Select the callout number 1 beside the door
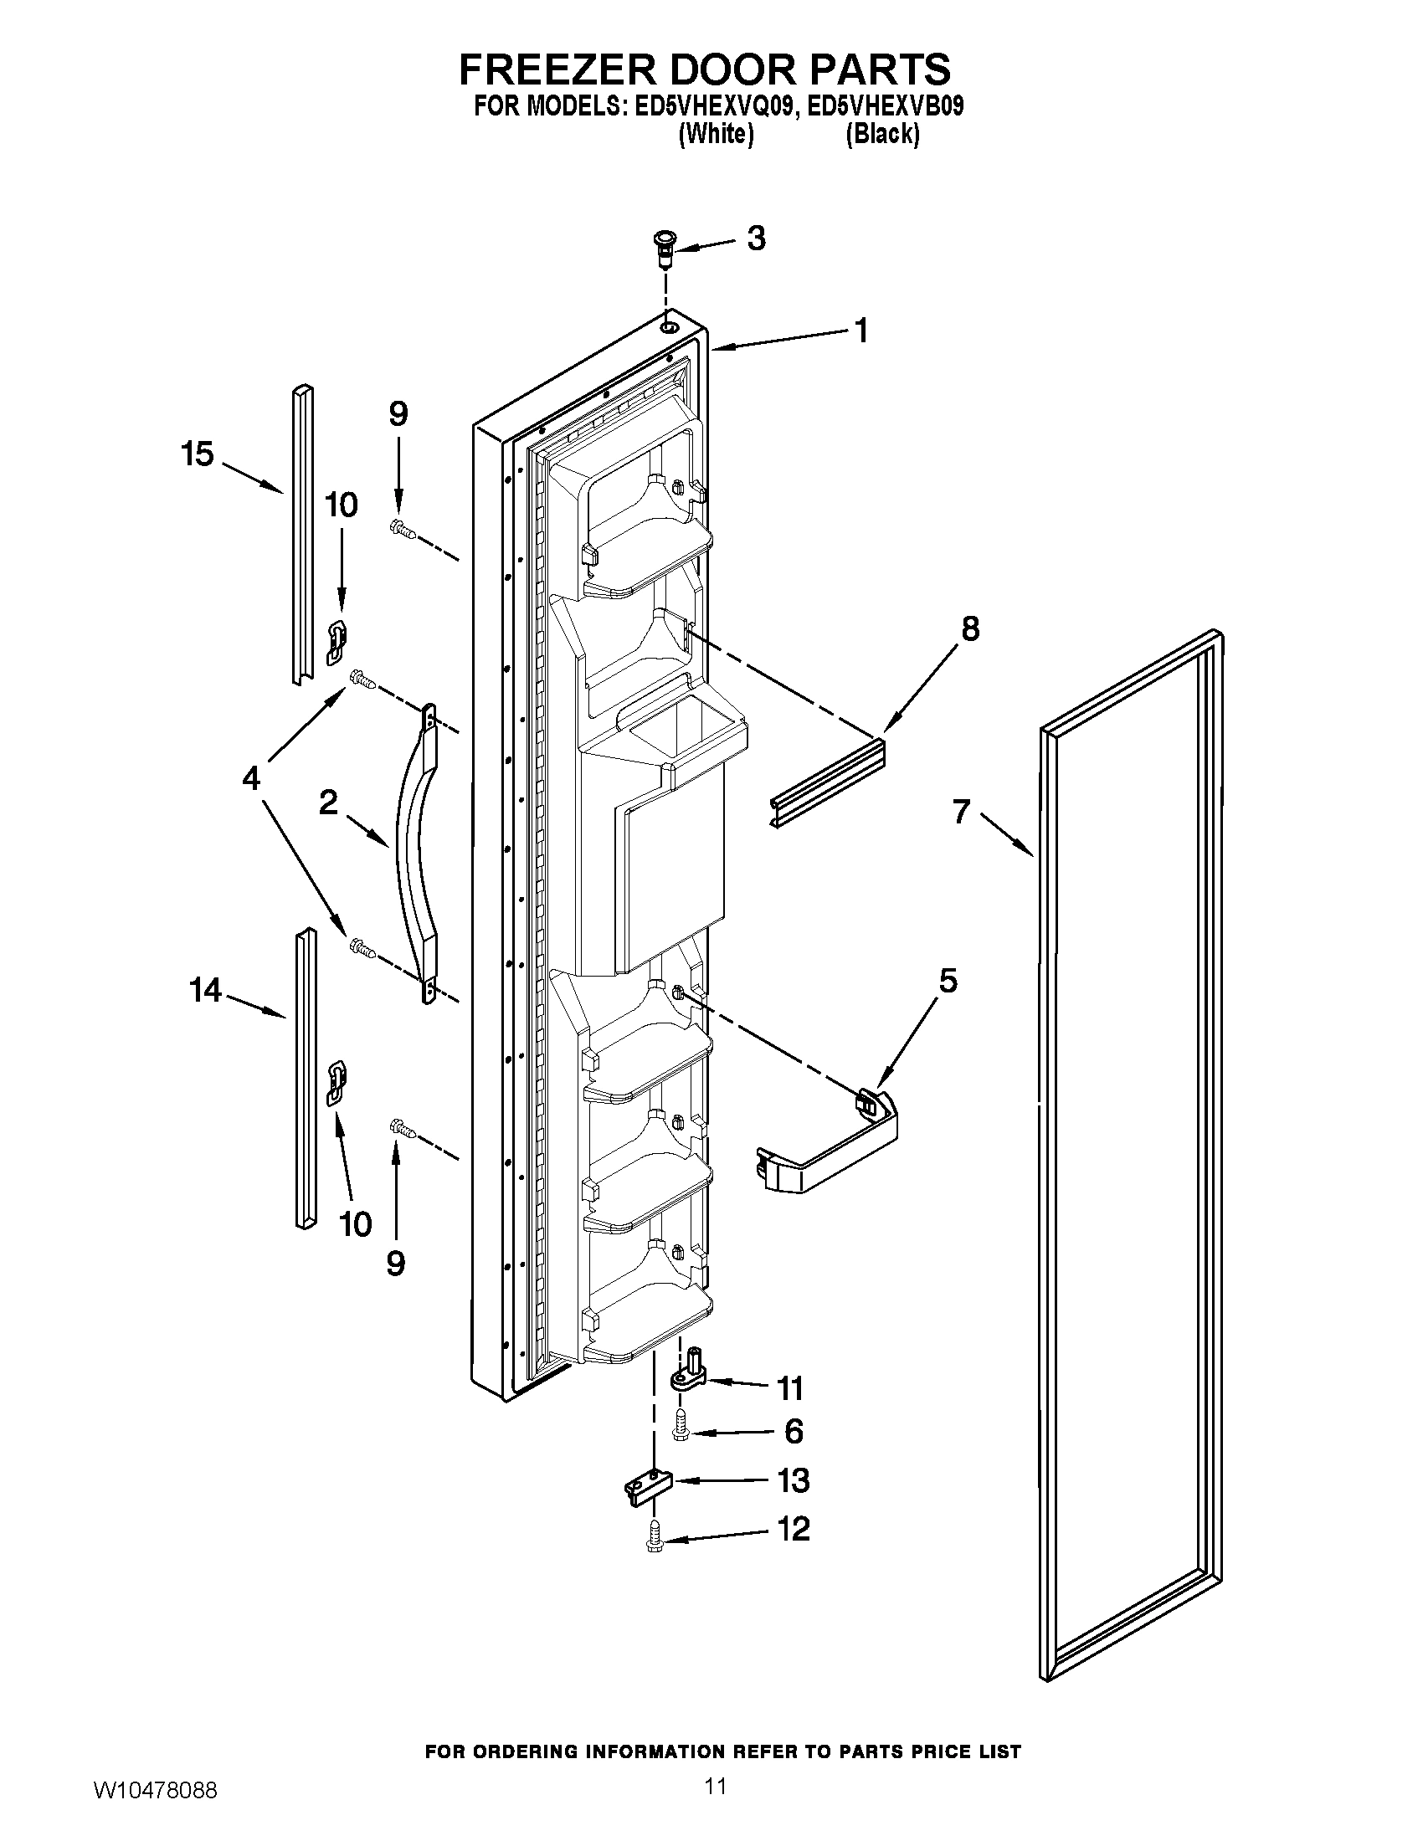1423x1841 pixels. click(860, 331)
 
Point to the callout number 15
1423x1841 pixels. click(198, 454)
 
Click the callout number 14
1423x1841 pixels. click(205, 990)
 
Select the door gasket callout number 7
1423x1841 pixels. click(962, 812)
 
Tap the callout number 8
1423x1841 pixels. click(970, 628)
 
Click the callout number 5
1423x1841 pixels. click(948, 981)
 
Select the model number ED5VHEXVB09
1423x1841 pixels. click(884, 107)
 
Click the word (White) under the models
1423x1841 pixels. click(716, 134)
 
